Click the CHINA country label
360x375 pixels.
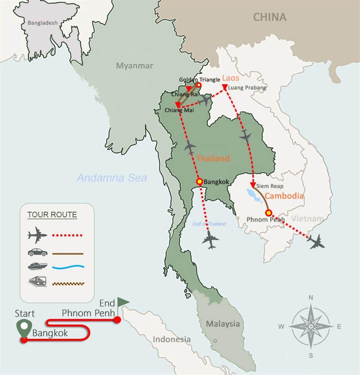point(270,17)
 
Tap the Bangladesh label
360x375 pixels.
point(42,23)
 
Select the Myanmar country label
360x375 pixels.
point(134,66)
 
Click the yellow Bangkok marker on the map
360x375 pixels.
point(200,182)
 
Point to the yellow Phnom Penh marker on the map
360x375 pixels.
point(268,212)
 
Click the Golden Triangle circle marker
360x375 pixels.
point(199,85)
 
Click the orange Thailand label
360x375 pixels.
point(213,159)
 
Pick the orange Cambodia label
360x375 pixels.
point(284,196)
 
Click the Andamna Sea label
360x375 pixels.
point(112,178)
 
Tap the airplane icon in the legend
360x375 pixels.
point(37,235)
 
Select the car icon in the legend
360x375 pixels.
point(37,253)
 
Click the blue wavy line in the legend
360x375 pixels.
point(68,268)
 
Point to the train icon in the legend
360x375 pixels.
point(37,282)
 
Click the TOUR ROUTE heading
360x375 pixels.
point(52,215)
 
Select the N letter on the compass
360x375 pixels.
point(311,298)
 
